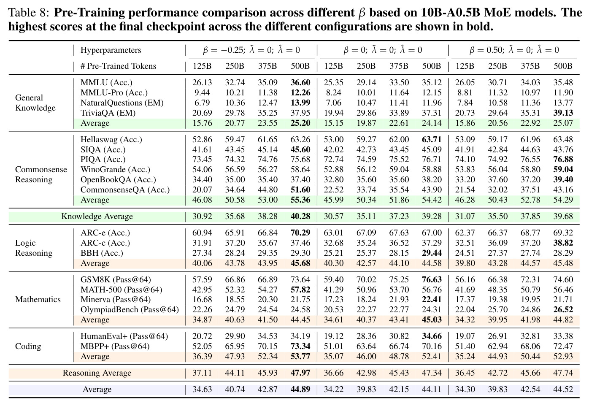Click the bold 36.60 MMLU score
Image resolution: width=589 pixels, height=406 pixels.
tap(300, 83)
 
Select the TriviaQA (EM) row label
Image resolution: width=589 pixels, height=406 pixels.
tap(108, 113)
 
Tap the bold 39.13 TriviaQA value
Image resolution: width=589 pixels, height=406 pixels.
tap(563, 113)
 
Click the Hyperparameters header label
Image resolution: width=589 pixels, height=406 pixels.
tap(111, 50)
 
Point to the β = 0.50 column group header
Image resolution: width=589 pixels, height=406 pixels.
tap(514, 50)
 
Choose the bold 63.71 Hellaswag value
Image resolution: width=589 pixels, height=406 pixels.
tap(432, 139)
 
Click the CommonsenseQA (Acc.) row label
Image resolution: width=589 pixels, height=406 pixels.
tap(125, 190)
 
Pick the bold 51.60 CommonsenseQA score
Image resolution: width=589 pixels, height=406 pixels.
tap(300, 189)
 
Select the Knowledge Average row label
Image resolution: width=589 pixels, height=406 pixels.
tap(97, 217)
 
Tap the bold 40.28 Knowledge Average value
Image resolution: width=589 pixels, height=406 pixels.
tap(300, 217)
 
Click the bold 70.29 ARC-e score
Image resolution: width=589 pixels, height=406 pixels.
tap(300, 233)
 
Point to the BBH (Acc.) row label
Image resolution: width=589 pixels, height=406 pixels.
tap(102, 253)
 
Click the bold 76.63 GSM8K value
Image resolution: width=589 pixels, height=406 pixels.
tap(432, 279)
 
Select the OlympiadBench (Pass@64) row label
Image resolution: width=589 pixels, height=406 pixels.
tap(130, 310)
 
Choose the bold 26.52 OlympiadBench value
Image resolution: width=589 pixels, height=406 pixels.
tap(563, 309)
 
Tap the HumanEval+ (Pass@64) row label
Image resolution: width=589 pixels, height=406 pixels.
tap(124, 336)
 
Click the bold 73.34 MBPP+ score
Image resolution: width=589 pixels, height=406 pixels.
tap(300, 346)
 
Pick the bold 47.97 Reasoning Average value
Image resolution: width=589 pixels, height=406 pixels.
tap(300, 373)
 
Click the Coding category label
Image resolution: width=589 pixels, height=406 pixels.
tap(28, 346)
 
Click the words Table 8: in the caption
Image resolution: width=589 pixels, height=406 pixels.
tap(29, 13)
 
